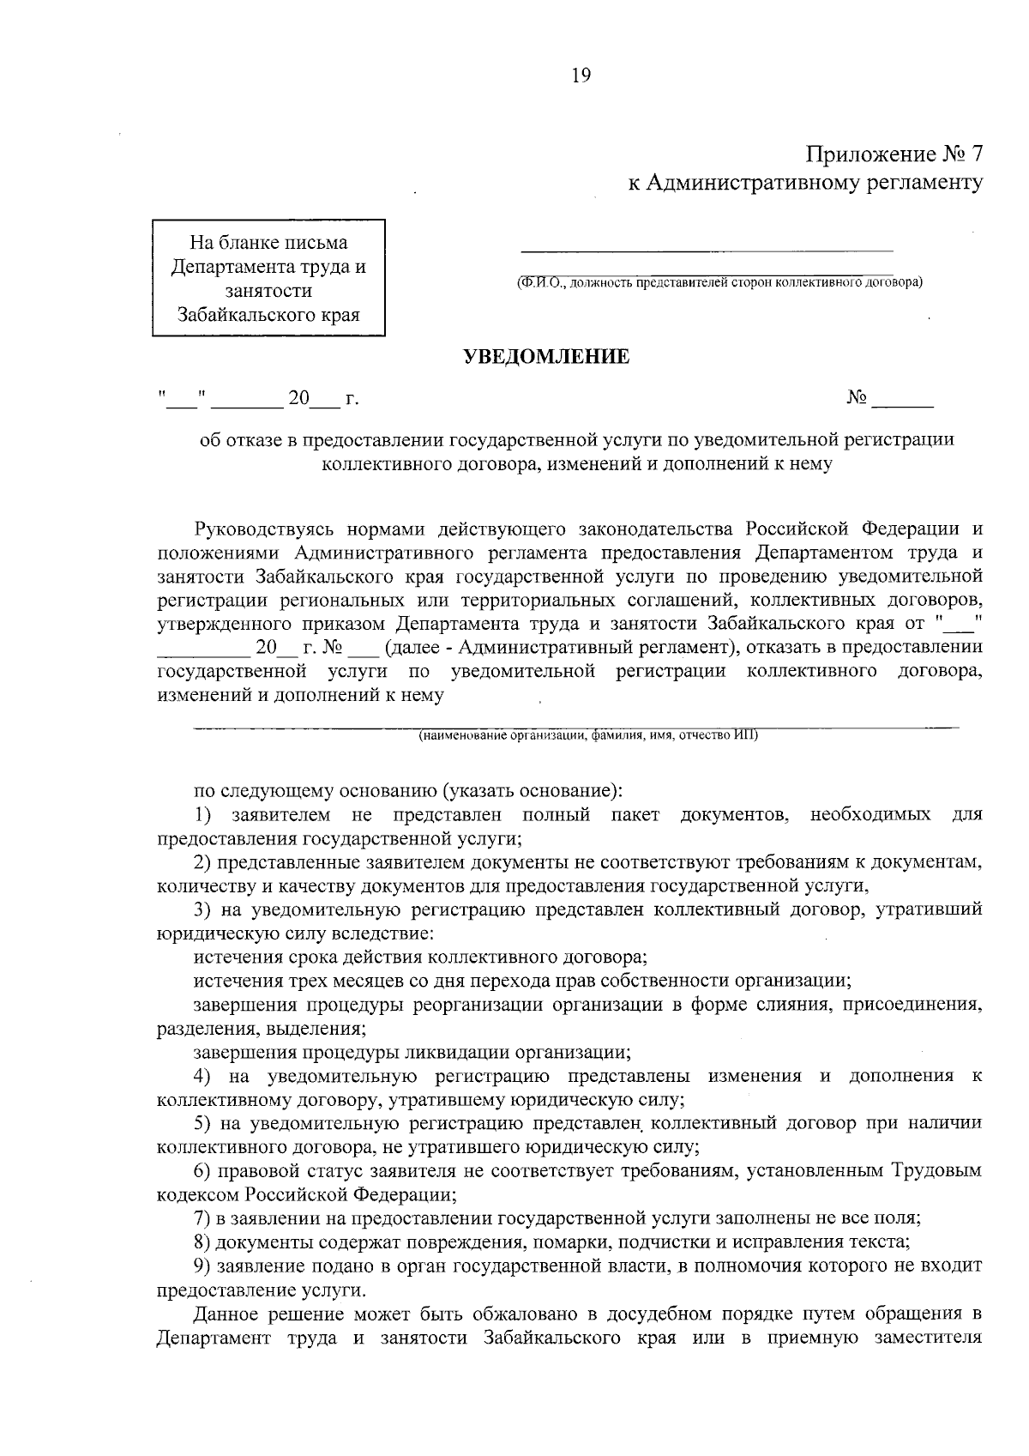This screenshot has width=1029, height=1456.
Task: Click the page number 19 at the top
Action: pyautogui.click(x=581, y=76)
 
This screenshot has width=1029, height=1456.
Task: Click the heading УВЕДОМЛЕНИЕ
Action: pyautogui.click(x=546, y=356)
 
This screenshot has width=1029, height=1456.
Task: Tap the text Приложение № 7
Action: pyautogui.click(x=894, y=154)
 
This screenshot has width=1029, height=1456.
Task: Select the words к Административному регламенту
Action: pyautogui.click(x=805, y=183)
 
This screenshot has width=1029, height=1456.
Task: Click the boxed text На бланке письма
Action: pyautogui.click(x=268, y=243)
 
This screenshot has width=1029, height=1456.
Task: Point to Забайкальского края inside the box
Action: pyautogui.click(x=268, y=314)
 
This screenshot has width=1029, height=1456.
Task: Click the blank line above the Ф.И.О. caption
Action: pyautogui.click(x=707, y=249)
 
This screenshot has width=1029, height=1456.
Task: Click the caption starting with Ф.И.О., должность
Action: pyautogui.click(x=719, y=281)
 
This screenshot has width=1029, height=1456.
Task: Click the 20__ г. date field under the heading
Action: pyautogui.click(x=322, y=399)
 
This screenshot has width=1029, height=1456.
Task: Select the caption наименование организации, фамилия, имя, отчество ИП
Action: pyautogui.click(x=588, y=735)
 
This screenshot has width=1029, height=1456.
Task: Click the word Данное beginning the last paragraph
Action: pyautogui.click(x=224, y=1314)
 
